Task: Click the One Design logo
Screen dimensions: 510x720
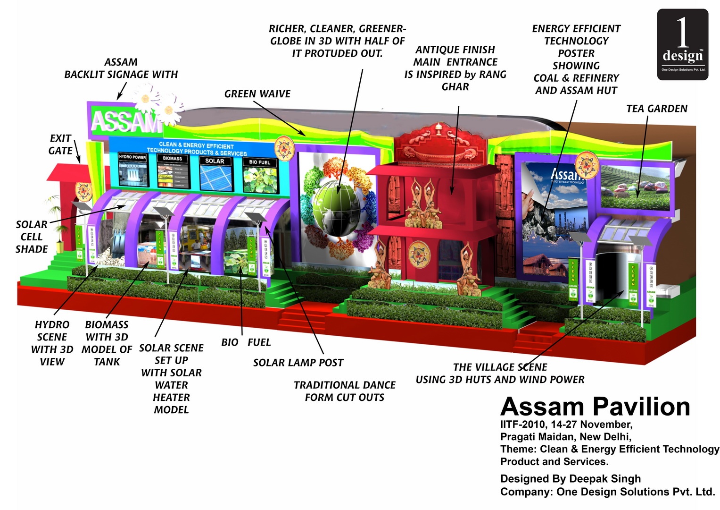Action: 682,44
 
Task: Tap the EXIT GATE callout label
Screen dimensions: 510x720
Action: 60,144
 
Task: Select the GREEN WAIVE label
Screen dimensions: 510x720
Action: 257,94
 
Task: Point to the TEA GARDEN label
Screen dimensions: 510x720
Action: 656,109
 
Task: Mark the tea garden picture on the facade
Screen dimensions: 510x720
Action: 635,187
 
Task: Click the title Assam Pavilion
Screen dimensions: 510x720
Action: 595,407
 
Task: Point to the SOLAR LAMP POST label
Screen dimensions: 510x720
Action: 298,363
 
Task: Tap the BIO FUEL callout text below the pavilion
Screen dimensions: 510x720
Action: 246,342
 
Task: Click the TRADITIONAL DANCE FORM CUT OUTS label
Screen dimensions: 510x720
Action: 345,391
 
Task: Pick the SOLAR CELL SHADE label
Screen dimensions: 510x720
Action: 32,237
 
